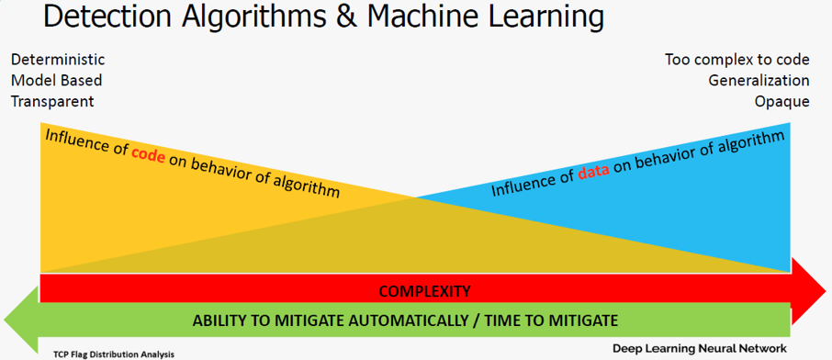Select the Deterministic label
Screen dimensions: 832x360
[58, 60]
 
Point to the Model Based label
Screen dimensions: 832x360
[56, 80]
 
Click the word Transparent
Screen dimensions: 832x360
[52, 101]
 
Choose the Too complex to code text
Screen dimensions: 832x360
[737, 60]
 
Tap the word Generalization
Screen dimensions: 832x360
[759, 80]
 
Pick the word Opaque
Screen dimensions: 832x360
[782, 102]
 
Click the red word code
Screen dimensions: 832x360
[148, 155]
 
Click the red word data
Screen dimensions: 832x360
[593, 172]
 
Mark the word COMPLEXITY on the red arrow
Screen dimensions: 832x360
[424, 291]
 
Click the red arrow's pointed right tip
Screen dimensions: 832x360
[825, 291]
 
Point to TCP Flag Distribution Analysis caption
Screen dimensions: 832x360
[114, 353]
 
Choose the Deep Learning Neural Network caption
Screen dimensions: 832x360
[700, 349]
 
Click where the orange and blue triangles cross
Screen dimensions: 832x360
[415, 197]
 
